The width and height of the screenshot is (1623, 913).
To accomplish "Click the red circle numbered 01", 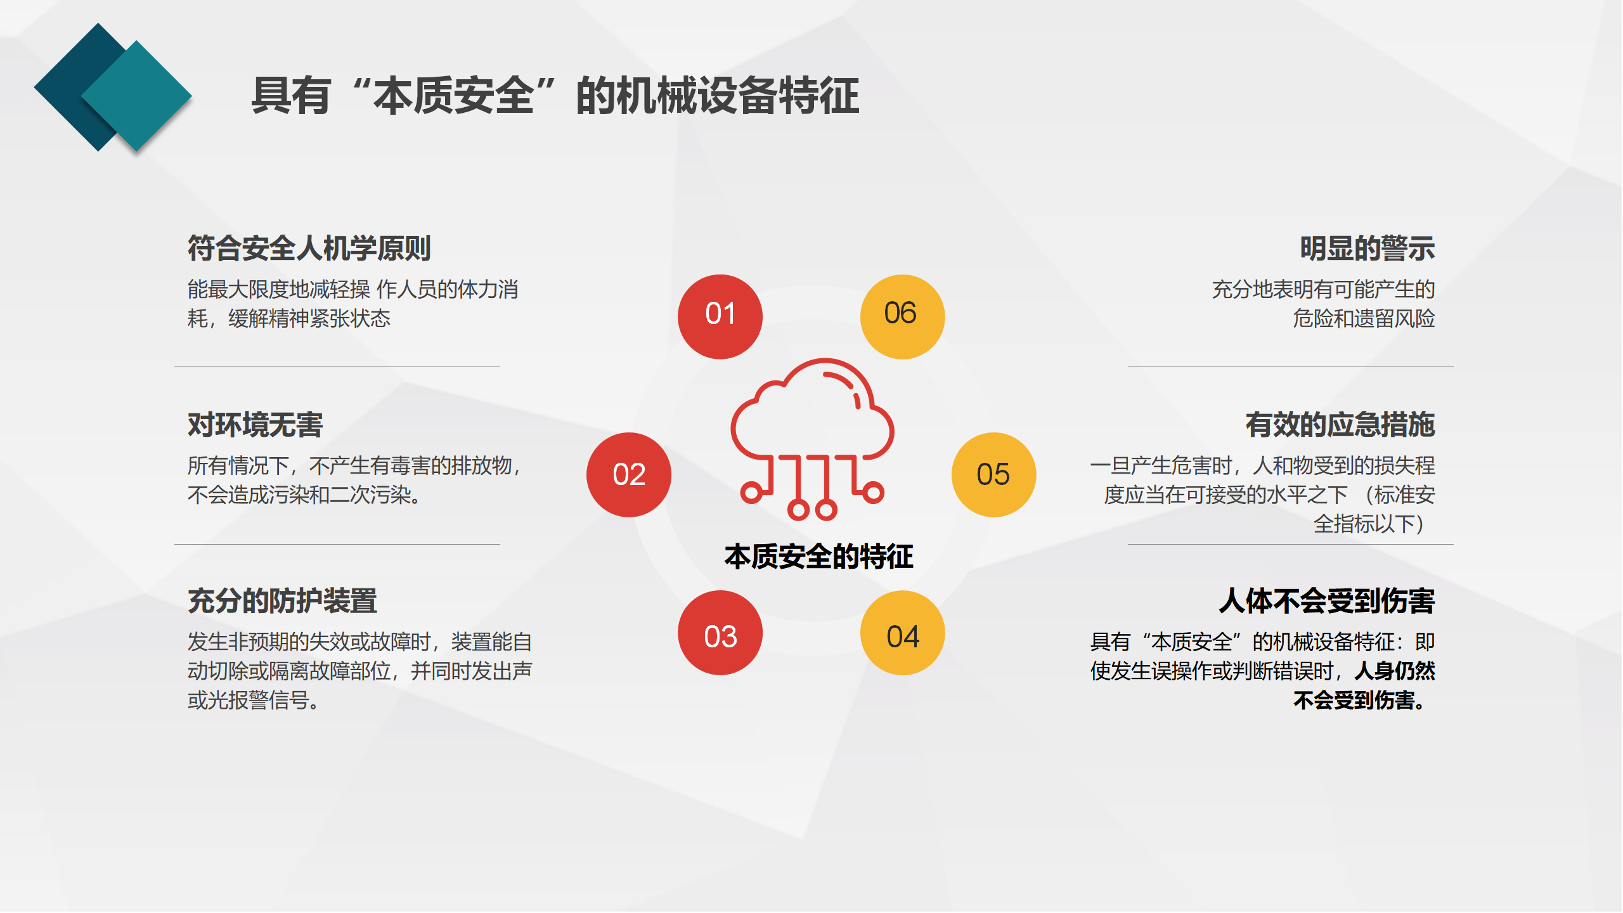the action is (x=720, y=316).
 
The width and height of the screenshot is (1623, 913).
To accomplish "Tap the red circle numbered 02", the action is (x=629, y=475).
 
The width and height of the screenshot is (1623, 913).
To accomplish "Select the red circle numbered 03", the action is (x=720, y=633).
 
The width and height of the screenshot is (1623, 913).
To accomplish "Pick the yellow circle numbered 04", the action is (x=903, y=633).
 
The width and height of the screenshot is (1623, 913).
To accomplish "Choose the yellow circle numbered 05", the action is (x=994, y=475).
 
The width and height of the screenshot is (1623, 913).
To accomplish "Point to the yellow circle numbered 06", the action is (x=903, y=316).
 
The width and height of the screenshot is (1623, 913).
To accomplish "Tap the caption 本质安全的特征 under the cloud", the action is (x=819, y=557).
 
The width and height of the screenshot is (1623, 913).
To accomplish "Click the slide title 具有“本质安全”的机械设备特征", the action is (x=555, y=96).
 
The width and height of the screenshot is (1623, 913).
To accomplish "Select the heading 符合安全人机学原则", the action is (x=309, y=248).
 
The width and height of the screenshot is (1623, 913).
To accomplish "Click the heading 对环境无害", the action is (x=255, y=424).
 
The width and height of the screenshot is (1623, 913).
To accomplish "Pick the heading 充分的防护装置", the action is (x=283, y=600).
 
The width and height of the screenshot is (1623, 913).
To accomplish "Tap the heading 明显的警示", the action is (x=1368, y=248).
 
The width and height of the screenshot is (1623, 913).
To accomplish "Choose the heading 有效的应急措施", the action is (x=1340, y=424).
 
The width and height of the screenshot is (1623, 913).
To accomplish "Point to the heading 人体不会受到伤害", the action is (x=1327, y=600).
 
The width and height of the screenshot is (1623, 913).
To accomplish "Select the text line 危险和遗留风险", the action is (x=1364, y=318).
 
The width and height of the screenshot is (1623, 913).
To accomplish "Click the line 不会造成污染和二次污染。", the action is (x=304, y=495).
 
